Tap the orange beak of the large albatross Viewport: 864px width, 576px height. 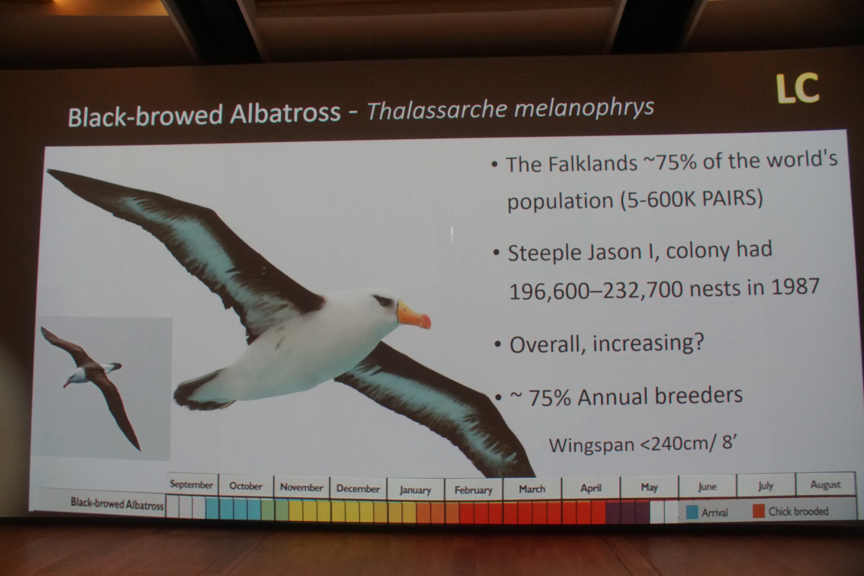point(413,315)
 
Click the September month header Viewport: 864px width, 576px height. point(191,485)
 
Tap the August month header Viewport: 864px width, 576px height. point(825,485)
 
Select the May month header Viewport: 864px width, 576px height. point(649,487)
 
